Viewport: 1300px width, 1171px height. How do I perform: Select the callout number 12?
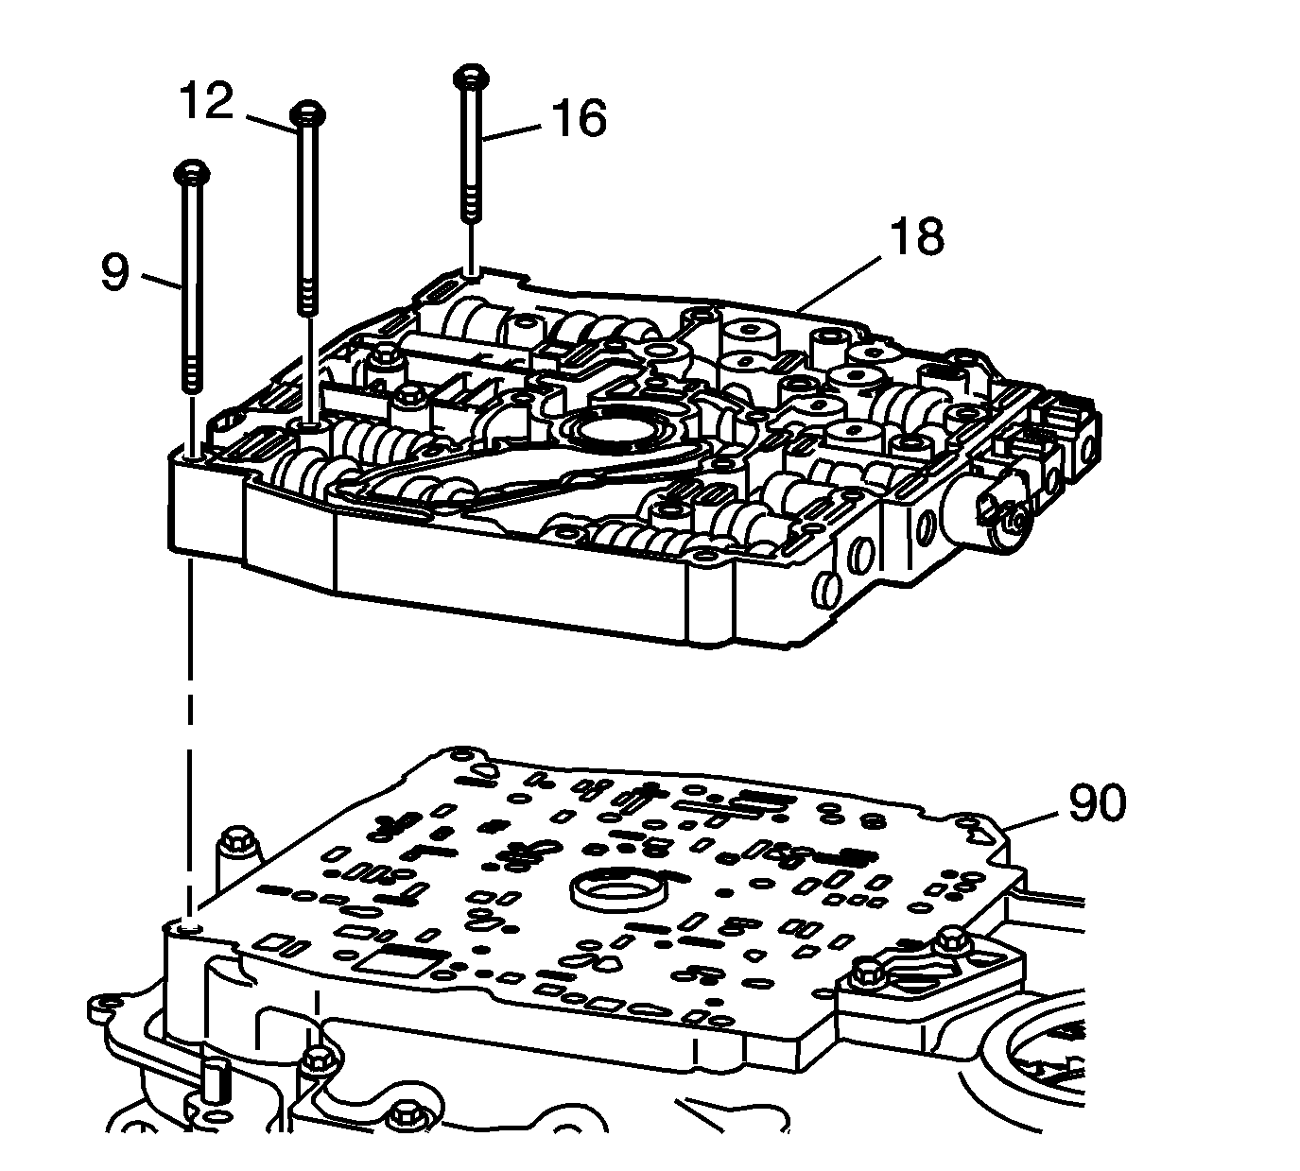(x=205, y=101)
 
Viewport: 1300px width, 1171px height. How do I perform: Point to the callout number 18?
(x=916, y=236)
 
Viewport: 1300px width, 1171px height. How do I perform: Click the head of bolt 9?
(x=191, y=173)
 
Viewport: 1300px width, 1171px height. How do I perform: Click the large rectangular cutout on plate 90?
(x=397, y=965)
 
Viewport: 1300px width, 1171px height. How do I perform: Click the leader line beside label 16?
(x=514, y=130)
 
